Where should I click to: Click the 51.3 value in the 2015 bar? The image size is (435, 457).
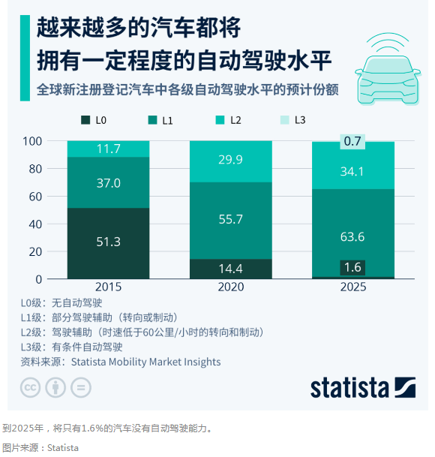click(108, 242)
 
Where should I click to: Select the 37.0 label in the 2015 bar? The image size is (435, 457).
click(108, 183)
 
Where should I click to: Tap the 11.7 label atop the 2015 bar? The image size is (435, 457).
click(108, 149)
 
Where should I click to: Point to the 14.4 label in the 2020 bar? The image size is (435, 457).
click(231, 268)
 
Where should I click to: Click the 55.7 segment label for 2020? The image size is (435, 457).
click(231, 220)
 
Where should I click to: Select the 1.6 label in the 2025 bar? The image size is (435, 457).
click(353, 267)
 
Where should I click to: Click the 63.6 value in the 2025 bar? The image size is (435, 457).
click(353, 237)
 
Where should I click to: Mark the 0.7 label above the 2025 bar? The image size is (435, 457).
click(353, 141)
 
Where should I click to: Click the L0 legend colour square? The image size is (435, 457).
click(84, 120)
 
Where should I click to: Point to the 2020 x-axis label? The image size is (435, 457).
click(231, 287)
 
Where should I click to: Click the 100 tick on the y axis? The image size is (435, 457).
click(53, 141)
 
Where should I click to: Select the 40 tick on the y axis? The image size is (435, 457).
click(56, 224)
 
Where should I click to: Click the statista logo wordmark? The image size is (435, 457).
click(350, 387)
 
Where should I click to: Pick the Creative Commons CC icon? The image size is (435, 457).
click(31, 387)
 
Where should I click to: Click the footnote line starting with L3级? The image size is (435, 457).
click(71, 347)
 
